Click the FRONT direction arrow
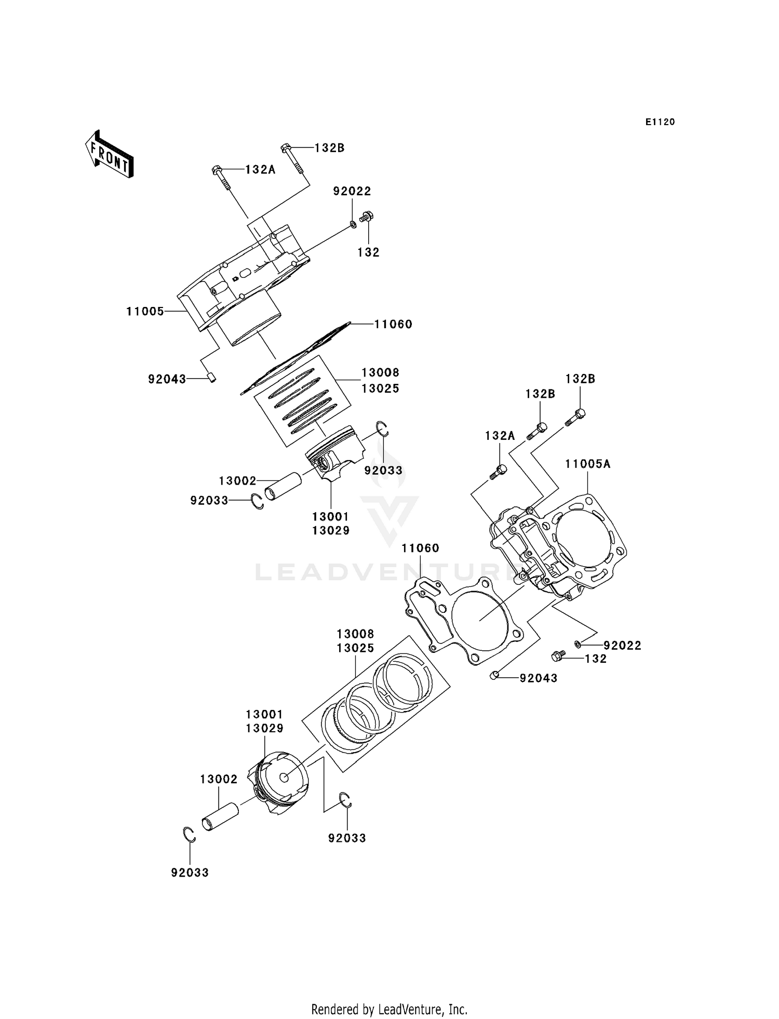(110, 154)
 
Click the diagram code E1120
(660, 122)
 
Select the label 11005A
(587, 464)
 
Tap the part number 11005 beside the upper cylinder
(145, 311)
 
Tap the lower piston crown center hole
(284, 777)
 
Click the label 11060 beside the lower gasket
(420, 548)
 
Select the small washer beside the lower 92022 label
(577, 645)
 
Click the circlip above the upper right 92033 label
(383, 430)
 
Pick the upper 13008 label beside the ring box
(380, 372)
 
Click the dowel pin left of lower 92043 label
(494, 675)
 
